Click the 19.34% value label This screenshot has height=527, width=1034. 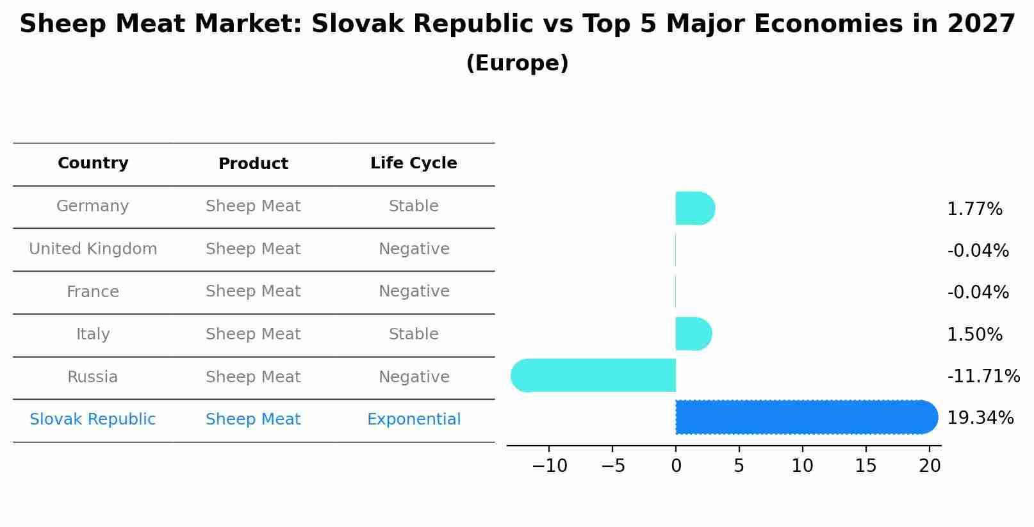(x=980, y=418)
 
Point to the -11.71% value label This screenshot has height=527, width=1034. (x=983, y=377)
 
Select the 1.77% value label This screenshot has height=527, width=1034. (x=974, y=209)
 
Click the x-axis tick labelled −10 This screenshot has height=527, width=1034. (x=549, y=466)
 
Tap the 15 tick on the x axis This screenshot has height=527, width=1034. (x=866, y=466)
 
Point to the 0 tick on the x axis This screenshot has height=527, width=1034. (x=676, y=466)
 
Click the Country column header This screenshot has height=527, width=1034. (x=93, y=163)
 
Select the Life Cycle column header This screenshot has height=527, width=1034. (x=413, y=163)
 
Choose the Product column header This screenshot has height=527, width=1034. (x=253, y=164)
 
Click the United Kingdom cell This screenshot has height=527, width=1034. (x=93, y=249)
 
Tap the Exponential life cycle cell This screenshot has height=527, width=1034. (x=413, y=419)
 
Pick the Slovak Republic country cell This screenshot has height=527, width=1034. (x=93, y=419)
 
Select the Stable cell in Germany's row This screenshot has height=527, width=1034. (x=413, y=206)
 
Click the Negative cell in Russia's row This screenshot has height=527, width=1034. (x=413, y=377)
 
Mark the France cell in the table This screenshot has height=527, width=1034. (x=93, y=292)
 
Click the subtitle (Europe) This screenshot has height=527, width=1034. (x=517, y=63)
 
